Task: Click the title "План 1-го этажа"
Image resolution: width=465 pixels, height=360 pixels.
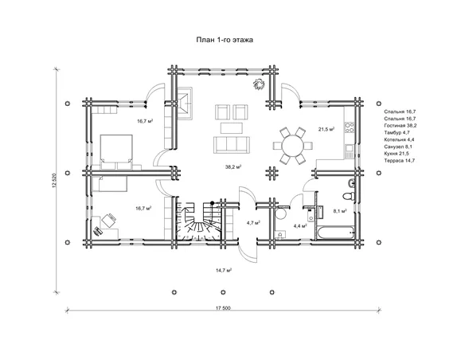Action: pyautogui.click(x=225, y=40)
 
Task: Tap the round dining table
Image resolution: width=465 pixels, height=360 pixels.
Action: pyautogui.click(x=293, y=146)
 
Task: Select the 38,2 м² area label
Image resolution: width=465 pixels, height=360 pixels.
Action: pyautogui.click(x=233, y=167)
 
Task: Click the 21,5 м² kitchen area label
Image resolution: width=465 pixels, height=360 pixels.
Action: pyautogui.click(x=326, y=129)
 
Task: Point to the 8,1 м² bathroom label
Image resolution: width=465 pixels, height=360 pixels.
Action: pyautogui.click(x=340, y=211)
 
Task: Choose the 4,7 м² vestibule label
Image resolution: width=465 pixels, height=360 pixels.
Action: pyautogui.click(x=253, y=222)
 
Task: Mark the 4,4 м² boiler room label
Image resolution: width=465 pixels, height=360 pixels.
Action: pyautogui.click(x=300, y=226)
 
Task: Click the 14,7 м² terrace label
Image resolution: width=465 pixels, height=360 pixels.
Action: pyautogui.click(x=224, y=270)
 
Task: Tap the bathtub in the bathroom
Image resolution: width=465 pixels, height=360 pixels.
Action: pyautogui.click(x=335, y=233)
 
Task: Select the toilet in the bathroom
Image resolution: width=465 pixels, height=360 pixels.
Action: pyautogui.click(x=349, y=196)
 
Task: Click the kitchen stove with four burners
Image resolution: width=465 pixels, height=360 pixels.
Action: pyautogui.click(x=350, y=127)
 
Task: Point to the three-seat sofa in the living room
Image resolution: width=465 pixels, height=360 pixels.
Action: pyautogui.click(x=232, y=144)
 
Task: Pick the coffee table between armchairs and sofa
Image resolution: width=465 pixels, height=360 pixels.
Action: pyautogui.click(x=232, y=128)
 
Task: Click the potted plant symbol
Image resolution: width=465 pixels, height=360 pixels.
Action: pyautogui.click(x=259, y=84)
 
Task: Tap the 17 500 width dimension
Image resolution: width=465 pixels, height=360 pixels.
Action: pyautogui.click(x=223, y=308)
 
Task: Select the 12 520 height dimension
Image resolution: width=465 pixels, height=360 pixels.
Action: pyautogui.click(x=54, y=181)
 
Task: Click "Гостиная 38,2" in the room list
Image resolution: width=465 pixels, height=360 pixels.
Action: pyautogui.click(x=401, y=125)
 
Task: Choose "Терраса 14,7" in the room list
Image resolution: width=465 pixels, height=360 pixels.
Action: pyautogui.click(x=399, y=161)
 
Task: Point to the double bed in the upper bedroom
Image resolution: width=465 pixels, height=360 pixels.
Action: pyautogui.click(x=116, y=152)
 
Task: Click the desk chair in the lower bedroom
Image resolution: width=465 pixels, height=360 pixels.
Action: pyautogui.click(x=109, y=221)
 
